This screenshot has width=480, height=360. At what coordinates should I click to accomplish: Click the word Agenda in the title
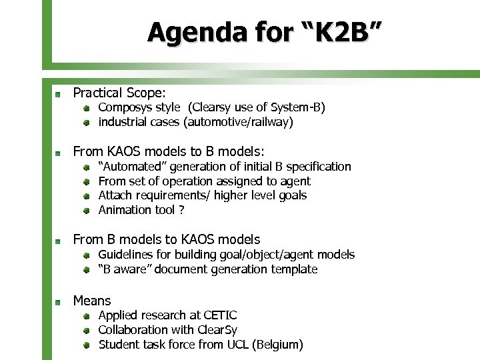pyautogui.click(x=187, y=31)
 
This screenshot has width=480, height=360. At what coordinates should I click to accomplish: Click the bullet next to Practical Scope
pyautogui.click(x=59, y=93)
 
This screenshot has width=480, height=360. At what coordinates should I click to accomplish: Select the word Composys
pyautogui.click(x=125, y=107)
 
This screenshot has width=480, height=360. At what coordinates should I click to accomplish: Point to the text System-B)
pyautogui.click(x=298, y=107)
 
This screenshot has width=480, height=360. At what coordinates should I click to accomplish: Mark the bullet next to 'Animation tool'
pyautogui.click(x=87, y=211)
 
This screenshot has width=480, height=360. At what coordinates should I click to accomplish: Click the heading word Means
pyautogui.click(x=92, y=301)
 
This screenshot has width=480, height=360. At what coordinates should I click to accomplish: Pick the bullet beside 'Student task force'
pyautogui.click(x=87, y=345)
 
